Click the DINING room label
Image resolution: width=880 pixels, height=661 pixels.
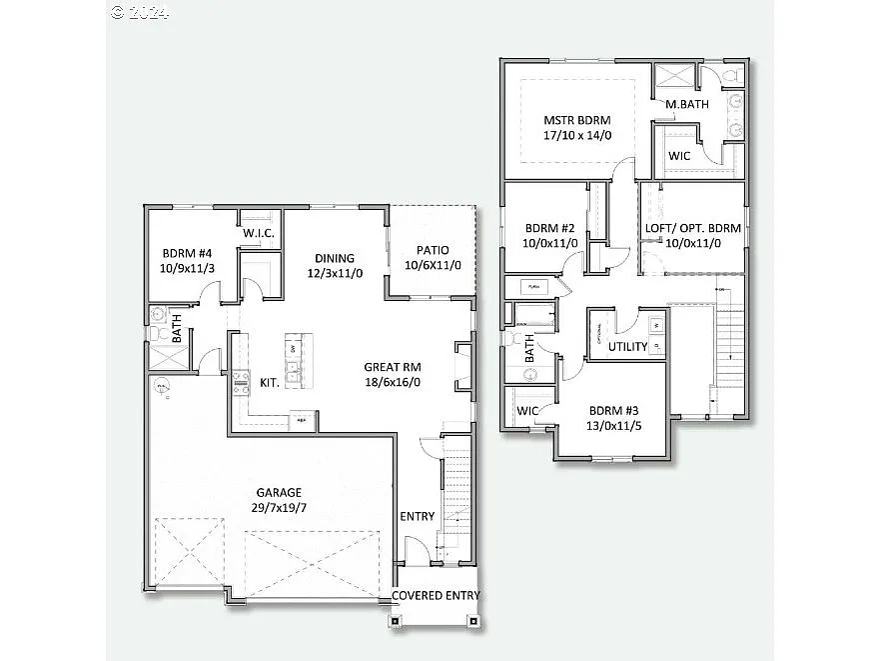click(x=335, y=257)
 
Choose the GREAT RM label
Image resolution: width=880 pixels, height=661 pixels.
click(x=392, y=366)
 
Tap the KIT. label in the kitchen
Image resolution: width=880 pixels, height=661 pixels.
click(x=269, y=382)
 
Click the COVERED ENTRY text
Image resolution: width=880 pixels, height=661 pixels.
click(x=436, y=596)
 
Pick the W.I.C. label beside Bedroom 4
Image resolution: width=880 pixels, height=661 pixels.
click(x=259, y=234)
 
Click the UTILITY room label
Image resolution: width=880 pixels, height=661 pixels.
click(x=628, y=347)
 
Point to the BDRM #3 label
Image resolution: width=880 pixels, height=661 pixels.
click(x=613, y=410)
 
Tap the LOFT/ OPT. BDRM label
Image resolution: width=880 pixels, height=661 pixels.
click(x=693, y=228)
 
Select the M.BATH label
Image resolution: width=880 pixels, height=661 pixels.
click(x=687, y=105)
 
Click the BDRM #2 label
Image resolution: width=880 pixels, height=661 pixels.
click(x=549, y=227)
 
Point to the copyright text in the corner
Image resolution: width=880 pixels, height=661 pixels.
click(x=140, y=12)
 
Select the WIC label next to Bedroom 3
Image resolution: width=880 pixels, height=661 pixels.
click(x=528, y=411)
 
